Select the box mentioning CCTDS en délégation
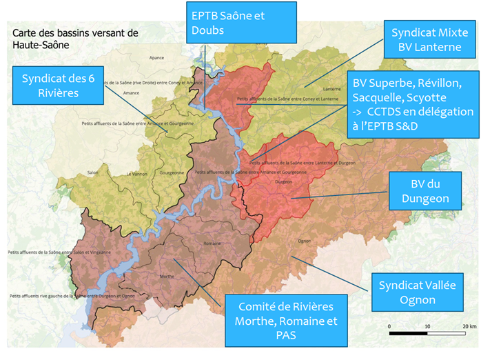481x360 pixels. (x=412, y=103)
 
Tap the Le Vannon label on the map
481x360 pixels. (x=135, y=173)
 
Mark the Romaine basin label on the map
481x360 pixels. (x=212, y=244)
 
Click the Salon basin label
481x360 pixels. (x=92, y=172)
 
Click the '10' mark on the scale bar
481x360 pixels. (x=429, y=325)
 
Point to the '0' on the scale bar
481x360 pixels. (x=389, y=325)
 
